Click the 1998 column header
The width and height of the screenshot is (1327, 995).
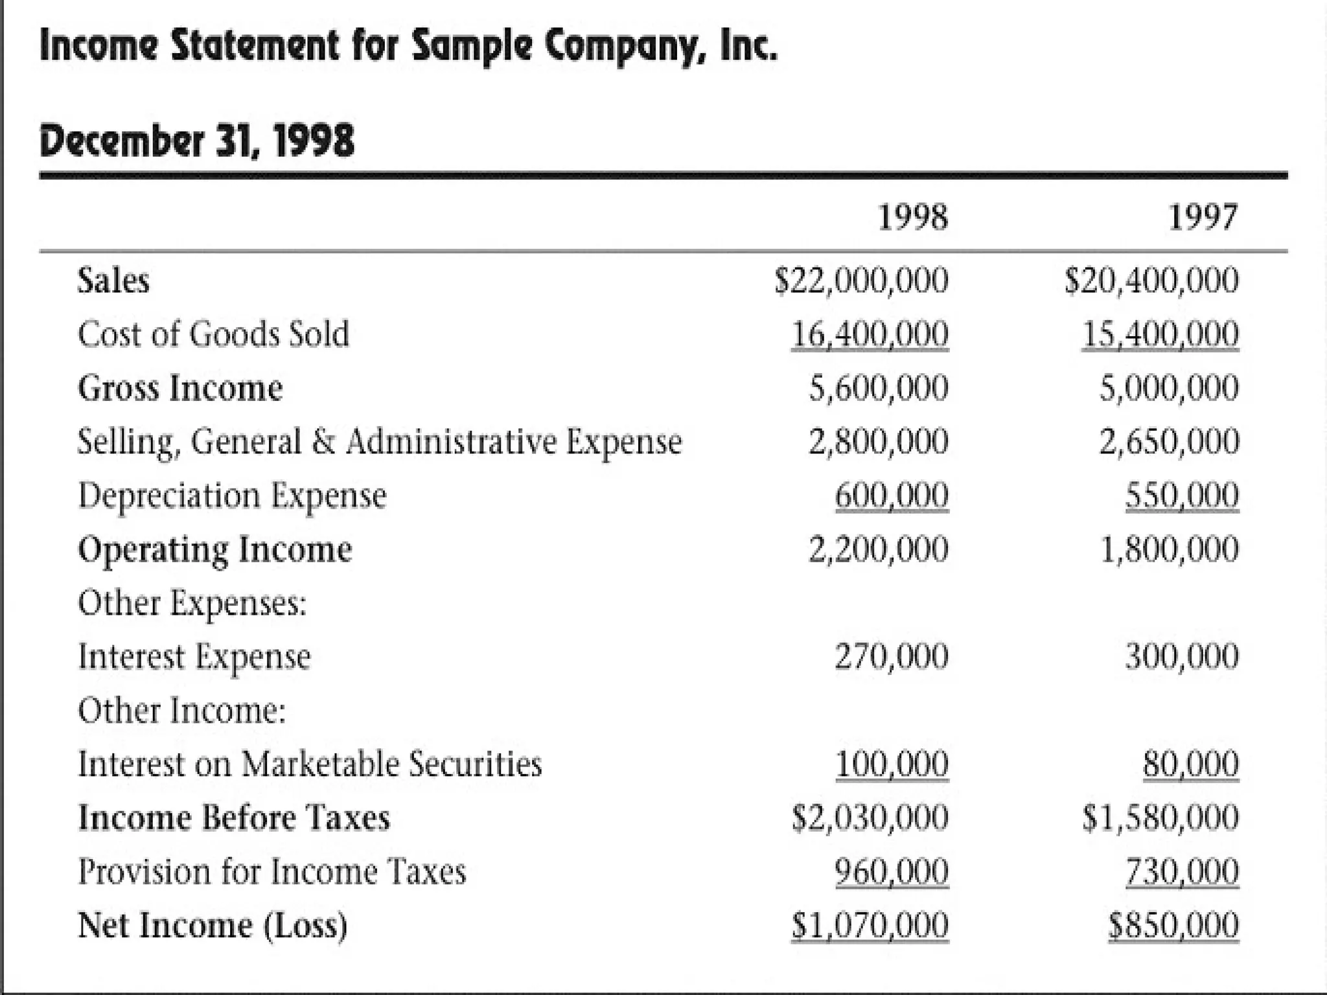[912, 217]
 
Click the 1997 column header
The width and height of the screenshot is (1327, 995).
[1203, 217]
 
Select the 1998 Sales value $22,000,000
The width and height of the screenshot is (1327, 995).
[862, 280]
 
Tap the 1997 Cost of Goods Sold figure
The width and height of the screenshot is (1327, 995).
[1160, 334]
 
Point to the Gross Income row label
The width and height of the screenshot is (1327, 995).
[180, 388]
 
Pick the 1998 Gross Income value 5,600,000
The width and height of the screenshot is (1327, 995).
[878, 388]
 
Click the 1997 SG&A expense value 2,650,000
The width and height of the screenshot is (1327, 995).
[1168, 442]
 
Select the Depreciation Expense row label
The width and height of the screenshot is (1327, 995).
[232, 496]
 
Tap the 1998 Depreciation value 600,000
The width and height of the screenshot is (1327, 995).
[892, 496]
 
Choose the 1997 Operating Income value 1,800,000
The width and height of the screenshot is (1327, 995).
[1170, 549]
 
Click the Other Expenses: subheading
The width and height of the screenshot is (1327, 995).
[192, 603]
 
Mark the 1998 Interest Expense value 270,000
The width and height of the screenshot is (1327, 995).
[892, 656]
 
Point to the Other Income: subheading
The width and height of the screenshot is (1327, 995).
[181, 710]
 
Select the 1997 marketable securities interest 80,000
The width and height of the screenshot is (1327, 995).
[1191, 764]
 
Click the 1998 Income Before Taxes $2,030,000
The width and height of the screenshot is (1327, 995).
[870, 818]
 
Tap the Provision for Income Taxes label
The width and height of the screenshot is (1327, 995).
[272, 871]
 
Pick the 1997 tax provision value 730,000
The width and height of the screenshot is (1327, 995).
[1182, 871]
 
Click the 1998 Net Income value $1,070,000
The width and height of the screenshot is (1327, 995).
[870, 925]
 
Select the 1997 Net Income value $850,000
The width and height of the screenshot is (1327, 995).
[1173, 925]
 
